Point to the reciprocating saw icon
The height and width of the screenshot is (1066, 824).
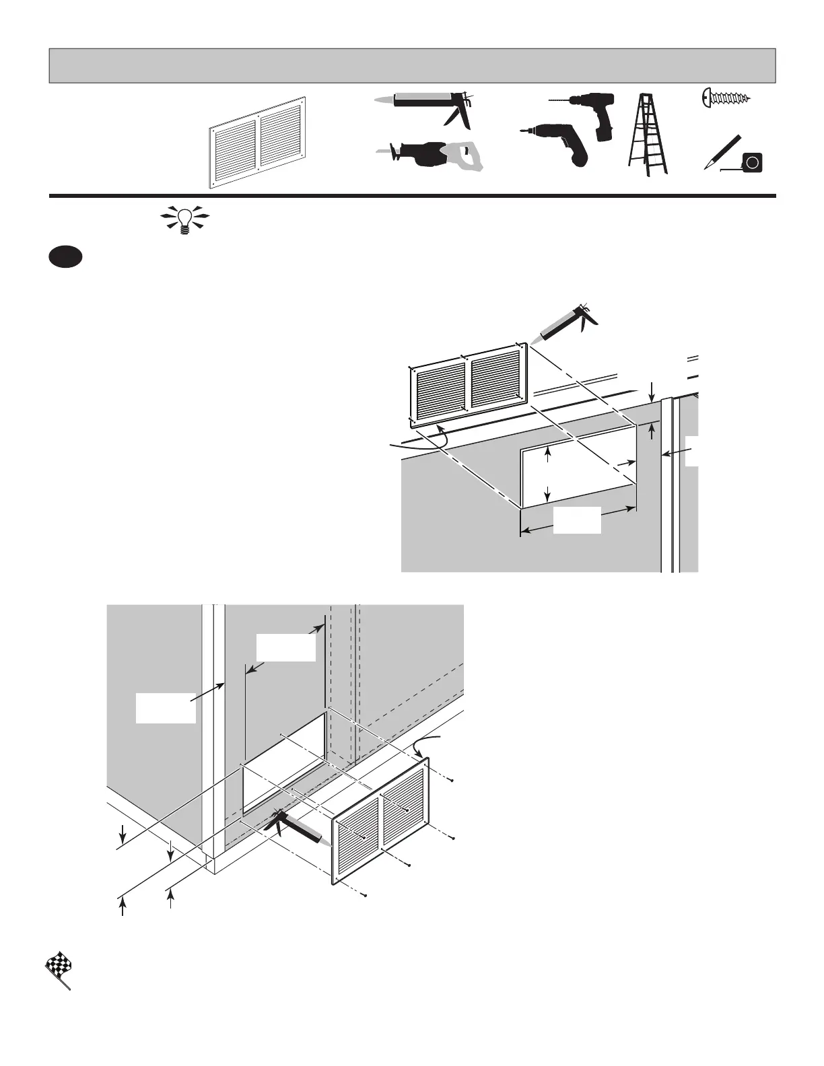coord(429,155)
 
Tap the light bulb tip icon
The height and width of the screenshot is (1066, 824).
coord(184,219)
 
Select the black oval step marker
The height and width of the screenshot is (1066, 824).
coord(65,258)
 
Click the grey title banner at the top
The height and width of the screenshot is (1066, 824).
coord(412,65)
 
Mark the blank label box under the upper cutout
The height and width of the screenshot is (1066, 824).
coord(577,521)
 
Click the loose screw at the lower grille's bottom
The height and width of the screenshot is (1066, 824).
coord(364,894)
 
